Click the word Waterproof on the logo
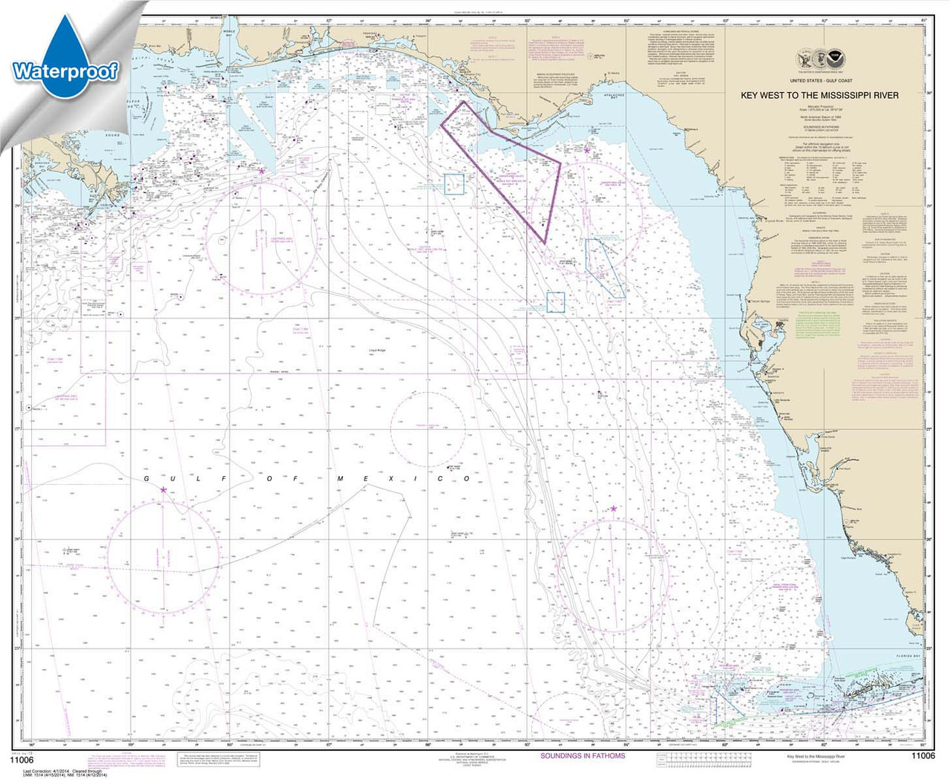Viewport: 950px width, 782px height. click(65, 71)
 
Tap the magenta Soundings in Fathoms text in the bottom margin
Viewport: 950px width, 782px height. click(582, 756)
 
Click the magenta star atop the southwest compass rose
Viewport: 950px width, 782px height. click(163, 489)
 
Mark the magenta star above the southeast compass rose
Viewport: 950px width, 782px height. click(614, 509)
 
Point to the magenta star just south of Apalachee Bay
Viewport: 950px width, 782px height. click(586, 150)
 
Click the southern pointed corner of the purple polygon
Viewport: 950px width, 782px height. click(544, 243)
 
